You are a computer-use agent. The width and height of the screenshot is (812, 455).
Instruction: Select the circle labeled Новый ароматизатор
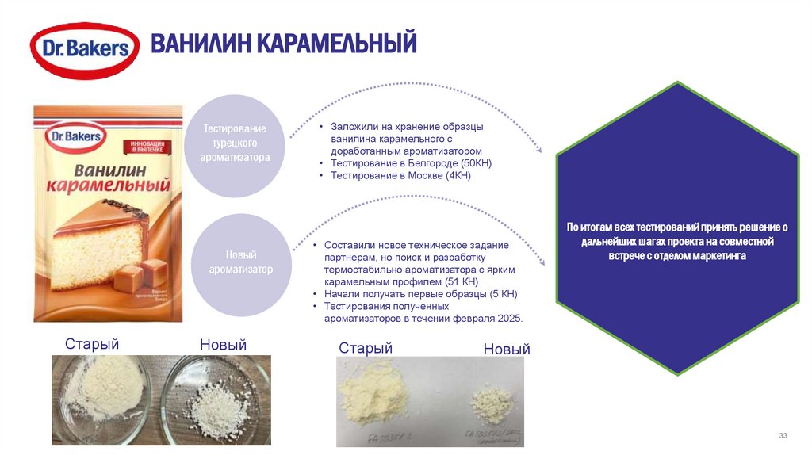click(x=240, y=262)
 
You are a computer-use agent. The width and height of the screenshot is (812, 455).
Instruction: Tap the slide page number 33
click(x=783, y=436)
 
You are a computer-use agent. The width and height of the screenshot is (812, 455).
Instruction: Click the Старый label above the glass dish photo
click(x=92, y=344)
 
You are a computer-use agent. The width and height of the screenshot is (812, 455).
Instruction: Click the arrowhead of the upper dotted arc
click(x=539, y=149)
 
